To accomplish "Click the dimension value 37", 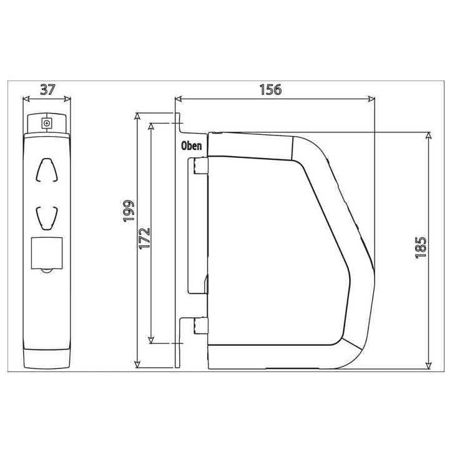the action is (47, 90).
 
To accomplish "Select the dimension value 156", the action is (270, 90).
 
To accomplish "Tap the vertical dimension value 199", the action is (129, 211).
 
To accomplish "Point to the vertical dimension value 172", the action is (145, 238).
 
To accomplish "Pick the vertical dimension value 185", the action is (421, 247).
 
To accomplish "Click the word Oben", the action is (192, 146).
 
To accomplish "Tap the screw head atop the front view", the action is (46, 124).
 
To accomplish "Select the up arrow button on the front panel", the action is (46, 170).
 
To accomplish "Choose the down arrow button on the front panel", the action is (47, 218).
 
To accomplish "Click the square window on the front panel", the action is (46, 253).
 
